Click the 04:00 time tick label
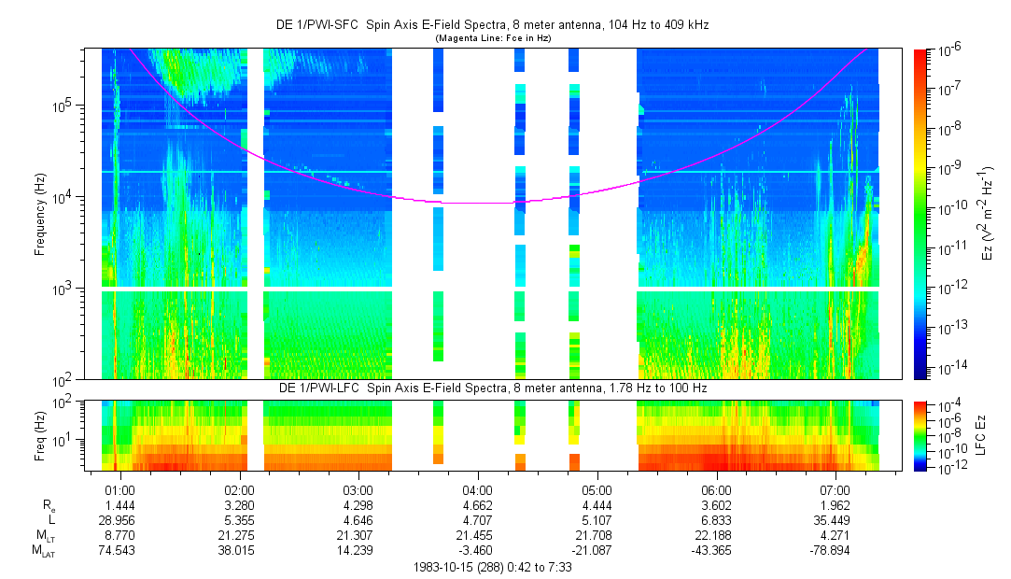(477, 489)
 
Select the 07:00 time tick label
(835, 489)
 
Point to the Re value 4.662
(477, 504)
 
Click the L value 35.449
(835, 518)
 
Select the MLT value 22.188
(716, 535)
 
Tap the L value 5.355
(239, 518)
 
